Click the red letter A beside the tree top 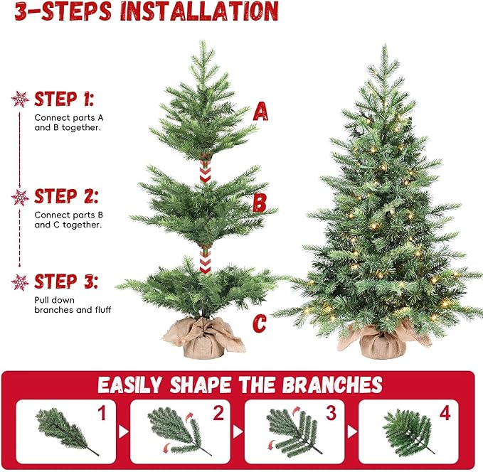click(x=261, y=112)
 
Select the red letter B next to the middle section click(x=260, y=203)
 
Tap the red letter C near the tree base click(x=260, y=324)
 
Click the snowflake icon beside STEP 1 click(x=21, y=100)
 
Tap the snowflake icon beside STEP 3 click(x=21, y=282)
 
